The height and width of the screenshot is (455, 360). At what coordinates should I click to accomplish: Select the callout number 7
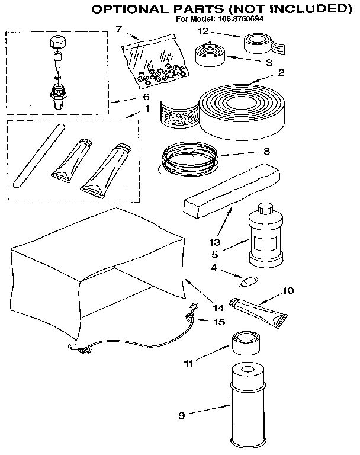coord(119,29)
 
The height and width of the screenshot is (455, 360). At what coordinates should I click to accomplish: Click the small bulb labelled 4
coord(249,278)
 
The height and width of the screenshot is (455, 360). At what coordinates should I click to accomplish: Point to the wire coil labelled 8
coord(189,158)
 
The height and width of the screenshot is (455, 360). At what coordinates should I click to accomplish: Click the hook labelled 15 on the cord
coord(192,308)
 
